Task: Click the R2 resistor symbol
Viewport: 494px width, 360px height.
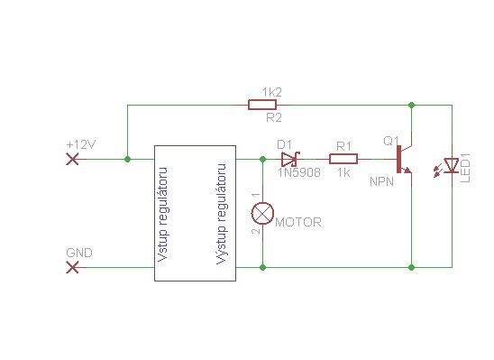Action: pos(262,105)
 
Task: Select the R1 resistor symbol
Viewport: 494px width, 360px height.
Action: pos(343,159)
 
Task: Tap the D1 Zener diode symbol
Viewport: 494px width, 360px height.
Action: pos(290,159)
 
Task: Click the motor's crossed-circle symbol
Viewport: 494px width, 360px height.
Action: pos(262,214)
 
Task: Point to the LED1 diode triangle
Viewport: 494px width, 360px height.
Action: pos(451,165)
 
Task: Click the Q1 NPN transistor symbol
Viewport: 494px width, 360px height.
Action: pos(404,159)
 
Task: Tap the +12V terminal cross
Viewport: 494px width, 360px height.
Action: pos(72,159)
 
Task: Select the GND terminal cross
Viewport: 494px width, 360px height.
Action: pos(72,268)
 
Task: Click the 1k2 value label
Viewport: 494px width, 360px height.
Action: pos(272,92)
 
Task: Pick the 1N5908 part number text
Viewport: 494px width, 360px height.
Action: pos(299,172)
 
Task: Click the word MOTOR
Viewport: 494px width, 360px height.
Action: pos(298,222)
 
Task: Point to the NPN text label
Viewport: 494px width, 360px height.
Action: pos(382,181)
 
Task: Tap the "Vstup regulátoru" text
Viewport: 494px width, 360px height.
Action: pos(162,215)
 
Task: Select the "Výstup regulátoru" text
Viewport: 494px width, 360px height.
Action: pos(222,214)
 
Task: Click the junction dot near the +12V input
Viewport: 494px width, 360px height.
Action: pos(127,159)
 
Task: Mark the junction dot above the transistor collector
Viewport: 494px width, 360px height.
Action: pos(411,105)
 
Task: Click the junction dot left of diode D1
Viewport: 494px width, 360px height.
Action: pos(262,159)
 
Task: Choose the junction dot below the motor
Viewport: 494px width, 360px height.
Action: pos(262,268)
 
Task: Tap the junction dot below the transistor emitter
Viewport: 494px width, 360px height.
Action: pos(411,268)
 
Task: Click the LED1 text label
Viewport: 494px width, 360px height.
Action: pos(465,168)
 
